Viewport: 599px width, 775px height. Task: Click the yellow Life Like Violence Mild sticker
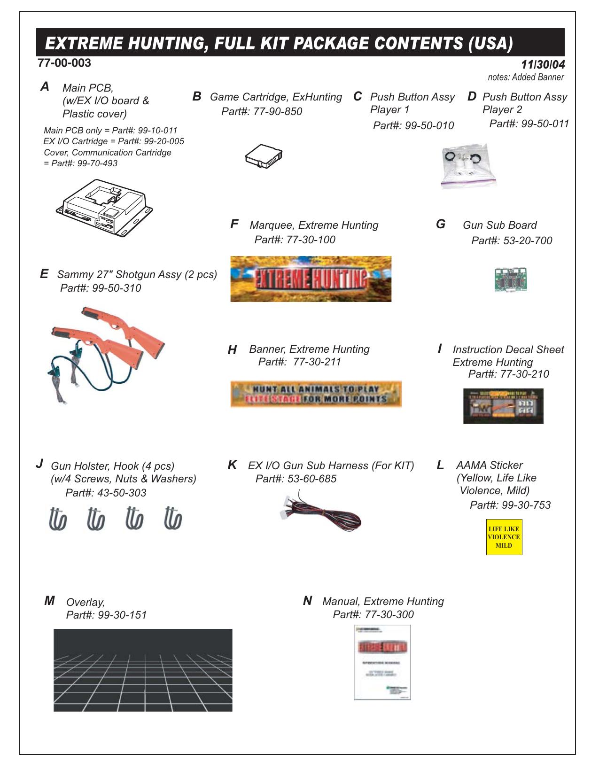point(504,537)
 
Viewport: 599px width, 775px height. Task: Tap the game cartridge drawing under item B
point(264,156)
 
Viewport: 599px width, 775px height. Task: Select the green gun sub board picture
point(511,279)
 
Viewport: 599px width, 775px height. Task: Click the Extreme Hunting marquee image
point(311,279)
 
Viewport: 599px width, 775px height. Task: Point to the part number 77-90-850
point(278,112)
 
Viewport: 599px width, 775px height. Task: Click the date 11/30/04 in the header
point(543,65)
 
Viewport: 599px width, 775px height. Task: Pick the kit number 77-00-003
point(64,63)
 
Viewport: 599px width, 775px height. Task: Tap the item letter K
point(232,465)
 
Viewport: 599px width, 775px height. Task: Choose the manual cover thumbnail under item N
point(382,662)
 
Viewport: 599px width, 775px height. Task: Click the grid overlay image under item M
point(143,670)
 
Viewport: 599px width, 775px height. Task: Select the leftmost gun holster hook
point(58,519)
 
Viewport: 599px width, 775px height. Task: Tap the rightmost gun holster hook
point(173,519)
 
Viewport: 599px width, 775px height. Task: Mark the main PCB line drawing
point(105,207)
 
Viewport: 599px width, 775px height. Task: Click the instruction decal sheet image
point(503,406)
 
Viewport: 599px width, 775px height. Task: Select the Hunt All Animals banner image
point(316,394)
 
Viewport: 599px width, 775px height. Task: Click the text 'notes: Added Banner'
point(526,77)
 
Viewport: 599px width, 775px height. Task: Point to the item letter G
point(441,224)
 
